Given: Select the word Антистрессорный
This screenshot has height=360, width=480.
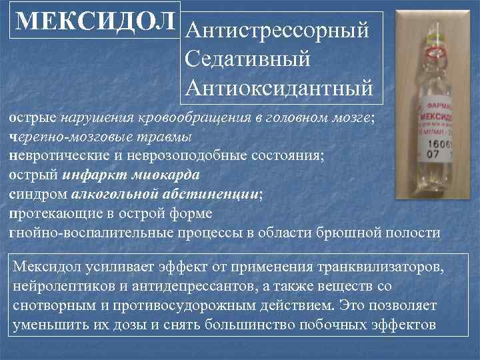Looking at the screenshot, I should pyautogui.click(x=278, y=31).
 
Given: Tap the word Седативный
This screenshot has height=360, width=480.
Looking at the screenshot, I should pyautogui.click(x=248, y=59).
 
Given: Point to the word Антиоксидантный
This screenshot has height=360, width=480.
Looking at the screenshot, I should pyautogui.click(x=279, y=87).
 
